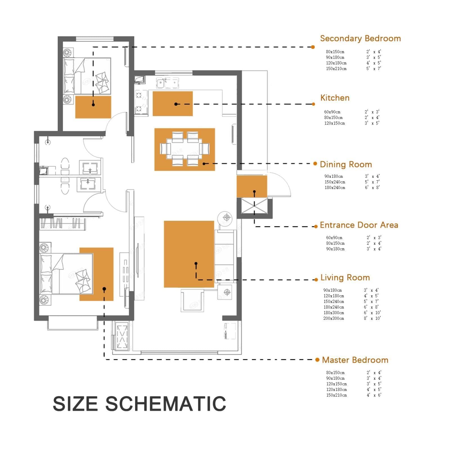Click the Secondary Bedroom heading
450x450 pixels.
pos(360,39)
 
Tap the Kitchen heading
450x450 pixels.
pos(335,98)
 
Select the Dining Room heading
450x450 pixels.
pos(346,165)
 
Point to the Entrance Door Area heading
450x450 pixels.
pos(359,225)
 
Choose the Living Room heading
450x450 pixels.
pos(345,278)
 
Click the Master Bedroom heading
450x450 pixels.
pos(355,360)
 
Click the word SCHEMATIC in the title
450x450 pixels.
pos(166,404)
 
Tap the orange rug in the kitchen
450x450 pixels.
pos(173,103)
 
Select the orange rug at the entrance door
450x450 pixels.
pos(252,186)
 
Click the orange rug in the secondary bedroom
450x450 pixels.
pos(93,107)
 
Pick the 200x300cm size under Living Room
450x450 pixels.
pos(334,318)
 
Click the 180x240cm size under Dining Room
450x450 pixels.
pos(335,188)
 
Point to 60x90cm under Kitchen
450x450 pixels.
pos(332,112)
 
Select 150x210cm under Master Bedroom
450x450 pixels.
pos(336,395)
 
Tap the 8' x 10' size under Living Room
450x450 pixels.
pos(372,318)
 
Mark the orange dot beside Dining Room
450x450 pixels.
pos(315,164)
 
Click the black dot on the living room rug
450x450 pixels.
pos(196,264)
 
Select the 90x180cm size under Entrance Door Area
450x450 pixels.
pos(335,249)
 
